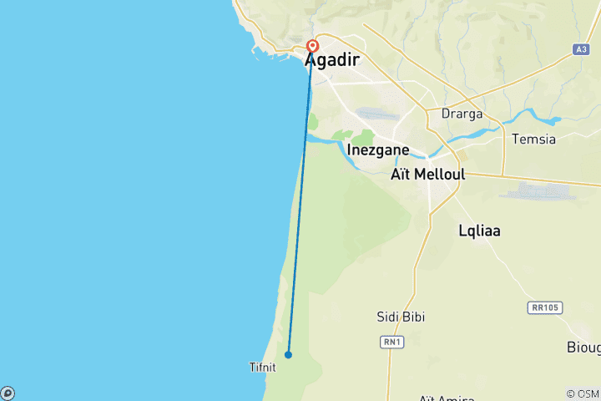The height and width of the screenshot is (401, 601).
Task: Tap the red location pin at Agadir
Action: coord(313,47)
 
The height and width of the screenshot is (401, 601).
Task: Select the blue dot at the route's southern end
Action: coord(288,354)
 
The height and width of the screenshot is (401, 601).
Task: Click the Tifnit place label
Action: coord(261,367)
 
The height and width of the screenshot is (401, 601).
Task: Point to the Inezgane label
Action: coord(377,150)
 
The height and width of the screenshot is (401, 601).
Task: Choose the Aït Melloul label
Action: coord(427,175)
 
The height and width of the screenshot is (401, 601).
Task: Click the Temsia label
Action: coord(533,139)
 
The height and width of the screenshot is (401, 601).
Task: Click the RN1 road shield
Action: coord(391,341)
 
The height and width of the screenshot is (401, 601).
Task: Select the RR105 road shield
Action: coord(545,307)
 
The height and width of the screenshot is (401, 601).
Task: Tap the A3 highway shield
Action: coord(582,49)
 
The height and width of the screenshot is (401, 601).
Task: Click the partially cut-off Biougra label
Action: coord(583,348)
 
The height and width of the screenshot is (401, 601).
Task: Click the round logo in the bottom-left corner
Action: coord(7,393)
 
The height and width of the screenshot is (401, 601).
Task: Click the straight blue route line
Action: coord(300,200)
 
